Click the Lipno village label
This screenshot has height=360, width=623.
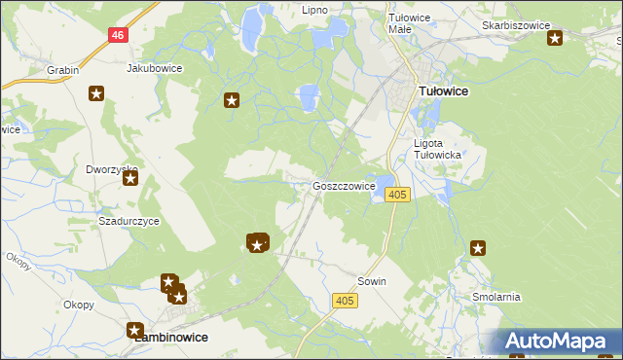(314, 10)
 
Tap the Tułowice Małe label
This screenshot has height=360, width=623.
(409, 23)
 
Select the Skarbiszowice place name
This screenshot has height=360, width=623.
(516, 24)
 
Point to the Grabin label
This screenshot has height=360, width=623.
(62, 71)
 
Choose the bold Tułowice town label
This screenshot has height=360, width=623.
(443, 90)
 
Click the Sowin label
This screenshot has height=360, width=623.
(372, 281)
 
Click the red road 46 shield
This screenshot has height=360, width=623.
(118, 34)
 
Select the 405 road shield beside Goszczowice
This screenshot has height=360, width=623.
(396, 195)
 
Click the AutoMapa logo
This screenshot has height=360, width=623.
(558, 342)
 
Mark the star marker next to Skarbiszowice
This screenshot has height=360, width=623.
(555, 39)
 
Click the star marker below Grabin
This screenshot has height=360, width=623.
(96, 93)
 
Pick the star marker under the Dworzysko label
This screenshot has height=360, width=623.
(129, 179)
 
